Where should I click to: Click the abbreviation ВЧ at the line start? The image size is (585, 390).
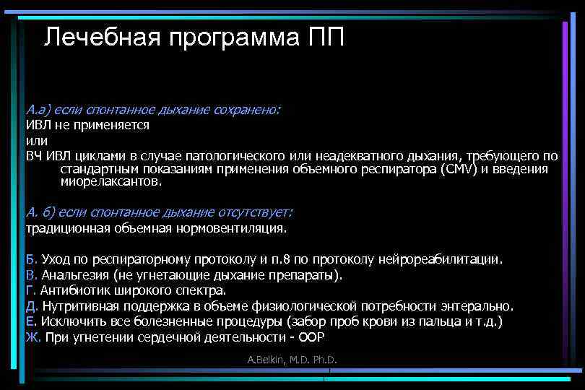pyautogui.click(x=34, y=156)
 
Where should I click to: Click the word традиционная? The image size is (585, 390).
pyautogui.click(x=67, y=229)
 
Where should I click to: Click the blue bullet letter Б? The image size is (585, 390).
pyautogui.click(x=30, y=259)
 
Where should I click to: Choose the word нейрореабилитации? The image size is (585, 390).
pyautogui.click(x=443, y=259)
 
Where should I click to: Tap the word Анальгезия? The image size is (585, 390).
pyautogui.click(x=75, y=275)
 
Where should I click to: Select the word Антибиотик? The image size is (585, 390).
pyautogui.click(x=74, y=291)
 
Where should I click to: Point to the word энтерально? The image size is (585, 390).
pyautogui.click(x=480, y=306)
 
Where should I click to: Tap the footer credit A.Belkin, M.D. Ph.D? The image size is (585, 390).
pyautogui.click(x=292, y=360)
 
